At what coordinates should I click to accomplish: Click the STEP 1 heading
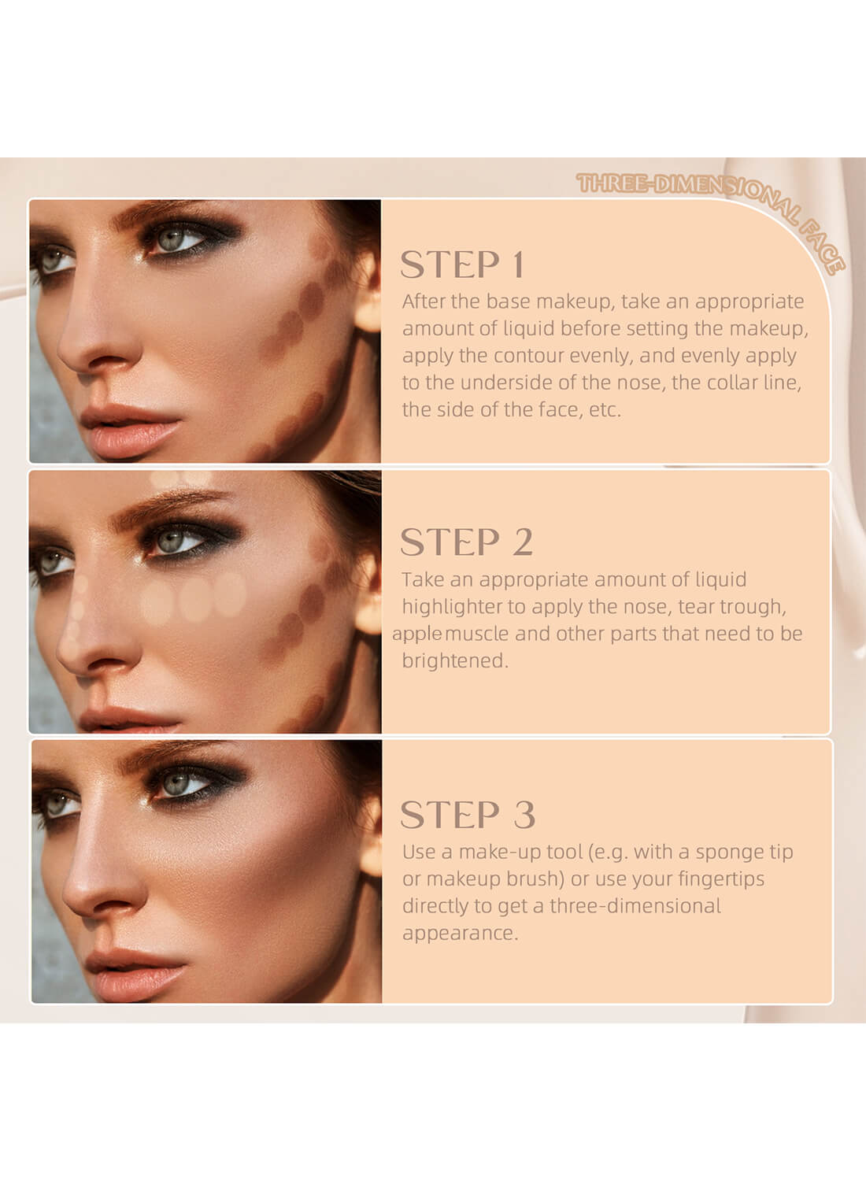(x=462, y=264)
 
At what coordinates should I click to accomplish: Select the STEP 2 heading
(x=466, y=542)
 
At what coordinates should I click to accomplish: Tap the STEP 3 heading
(x=468, y=815)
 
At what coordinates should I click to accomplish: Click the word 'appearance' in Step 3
(x=459, y=933)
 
